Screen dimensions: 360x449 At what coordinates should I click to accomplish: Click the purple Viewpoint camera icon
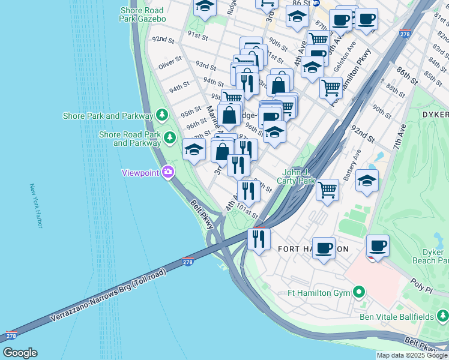click(x=167, y=173)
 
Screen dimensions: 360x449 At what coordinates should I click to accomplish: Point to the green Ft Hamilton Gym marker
click(x=359, y=293)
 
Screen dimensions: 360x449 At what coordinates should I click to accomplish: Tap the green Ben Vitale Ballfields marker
click(x=442, y=314)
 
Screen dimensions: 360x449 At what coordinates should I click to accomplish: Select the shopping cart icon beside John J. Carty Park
click(x=327, y=189)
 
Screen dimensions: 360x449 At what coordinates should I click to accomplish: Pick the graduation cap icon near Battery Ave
click(x=367, y=180)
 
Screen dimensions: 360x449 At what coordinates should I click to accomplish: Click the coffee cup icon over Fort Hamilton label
click(x=324, y=247)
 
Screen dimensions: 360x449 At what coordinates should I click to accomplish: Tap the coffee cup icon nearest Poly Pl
click(x=378, y=245)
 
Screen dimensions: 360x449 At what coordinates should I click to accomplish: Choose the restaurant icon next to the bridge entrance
click(x=259, y=239)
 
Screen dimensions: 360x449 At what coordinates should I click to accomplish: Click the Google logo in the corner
click(x=20, y=353)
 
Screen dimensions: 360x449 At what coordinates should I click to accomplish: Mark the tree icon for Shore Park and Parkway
click(x=161, y=115)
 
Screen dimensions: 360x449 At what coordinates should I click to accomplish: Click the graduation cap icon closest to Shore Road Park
click(x=193, y=151)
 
